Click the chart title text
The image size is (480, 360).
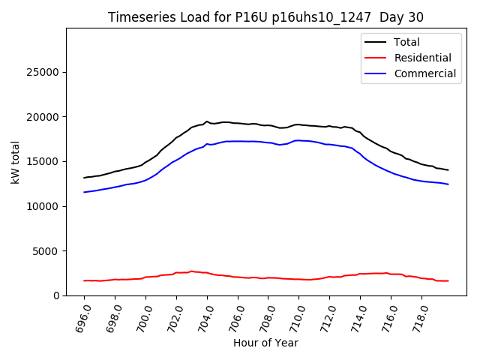coord(266,17)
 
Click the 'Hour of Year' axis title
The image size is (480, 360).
coord(265,343)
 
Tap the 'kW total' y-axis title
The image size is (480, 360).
coord(16,162)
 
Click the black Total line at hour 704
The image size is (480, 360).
coord(207,121)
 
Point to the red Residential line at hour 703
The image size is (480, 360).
coord(191,271)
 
